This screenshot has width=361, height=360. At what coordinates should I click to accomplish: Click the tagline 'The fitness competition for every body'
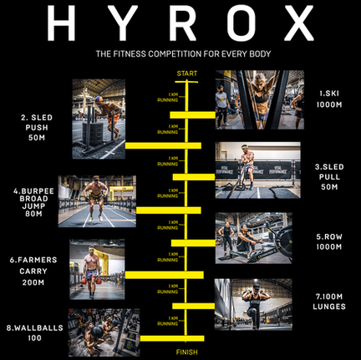click(180, 55)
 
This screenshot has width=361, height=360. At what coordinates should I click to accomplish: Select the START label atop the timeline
click(186, 75)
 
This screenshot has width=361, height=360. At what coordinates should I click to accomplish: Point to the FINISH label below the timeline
click(186, 352)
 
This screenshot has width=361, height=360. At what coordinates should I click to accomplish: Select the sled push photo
click(98, 119)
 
